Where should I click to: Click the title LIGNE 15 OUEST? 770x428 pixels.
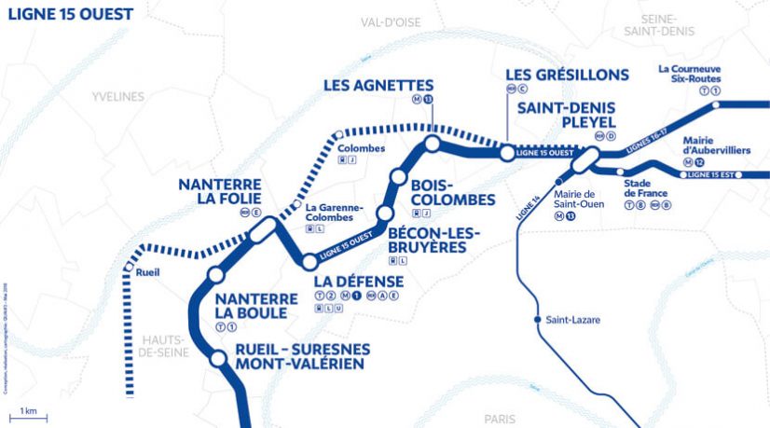(x=70, y=14)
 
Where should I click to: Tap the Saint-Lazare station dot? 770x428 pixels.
(x=537, y=321)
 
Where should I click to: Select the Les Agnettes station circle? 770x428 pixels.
(x=432, y=144)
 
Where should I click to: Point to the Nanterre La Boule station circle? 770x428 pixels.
(x=216, y=275)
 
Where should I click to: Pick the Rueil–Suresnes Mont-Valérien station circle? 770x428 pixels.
(x=216, y=356)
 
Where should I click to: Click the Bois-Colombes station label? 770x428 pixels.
(x=453, y=192)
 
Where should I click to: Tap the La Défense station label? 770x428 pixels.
(x=359, y=282)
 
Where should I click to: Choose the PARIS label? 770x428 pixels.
(x=499, y=420)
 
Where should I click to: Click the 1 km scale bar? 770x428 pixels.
(x=34, y=413)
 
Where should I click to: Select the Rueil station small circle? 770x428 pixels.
(x=128, y=268)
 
